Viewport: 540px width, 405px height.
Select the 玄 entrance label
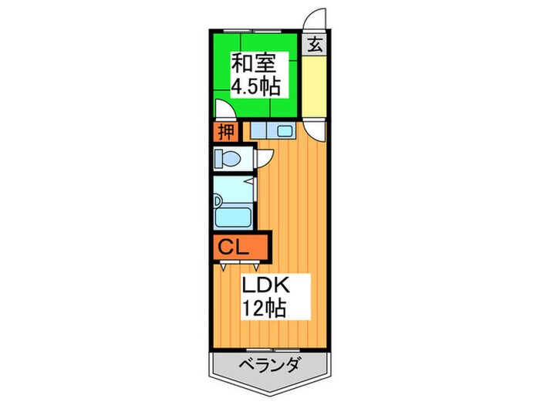click(315, 44)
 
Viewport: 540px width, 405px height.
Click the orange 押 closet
click(224, 132)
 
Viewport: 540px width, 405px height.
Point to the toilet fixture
click(229, 160)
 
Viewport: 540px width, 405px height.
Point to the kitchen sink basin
click(282, 131)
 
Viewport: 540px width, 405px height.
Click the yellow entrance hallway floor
click(315, 85)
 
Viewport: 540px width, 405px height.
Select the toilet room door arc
click(262, 158)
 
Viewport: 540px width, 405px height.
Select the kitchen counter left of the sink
click(259, 131)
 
